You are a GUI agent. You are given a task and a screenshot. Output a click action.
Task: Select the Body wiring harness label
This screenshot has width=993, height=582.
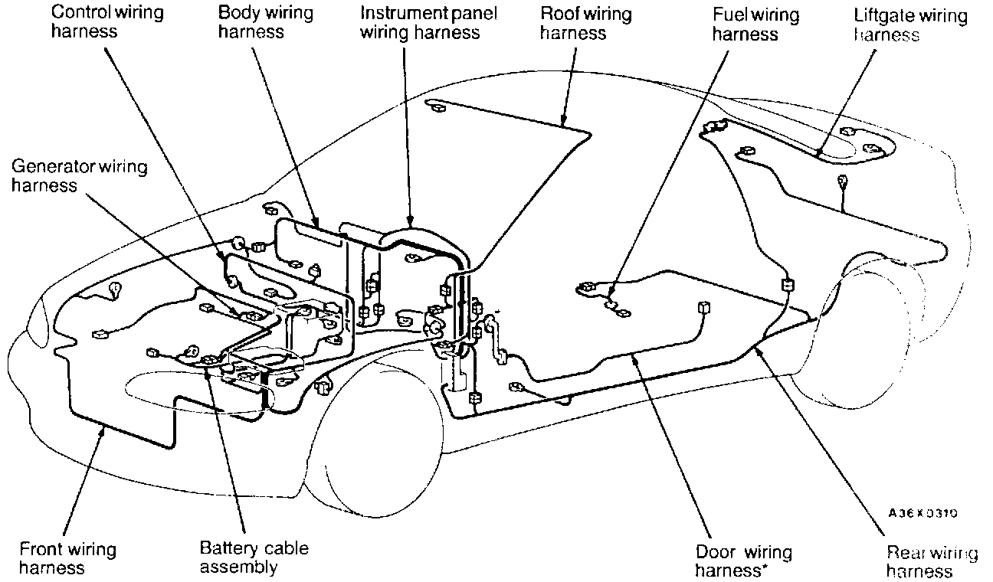(255, 22)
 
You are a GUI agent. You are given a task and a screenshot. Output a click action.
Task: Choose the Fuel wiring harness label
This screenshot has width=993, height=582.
(745, 25)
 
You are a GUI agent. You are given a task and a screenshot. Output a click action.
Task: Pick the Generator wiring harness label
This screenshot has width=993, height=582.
(79, 175)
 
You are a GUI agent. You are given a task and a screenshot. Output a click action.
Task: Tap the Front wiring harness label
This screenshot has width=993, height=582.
(67, 558)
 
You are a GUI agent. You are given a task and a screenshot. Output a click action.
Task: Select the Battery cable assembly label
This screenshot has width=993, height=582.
(254, 557)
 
